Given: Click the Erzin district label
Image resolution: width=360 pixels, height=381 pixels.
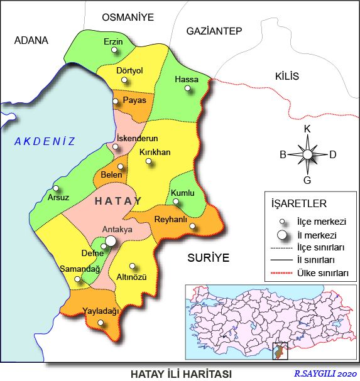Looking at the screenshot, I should (114, 42).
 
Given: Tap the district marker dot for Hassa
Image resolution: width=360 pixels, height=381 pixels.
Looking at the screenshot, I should (187, 89).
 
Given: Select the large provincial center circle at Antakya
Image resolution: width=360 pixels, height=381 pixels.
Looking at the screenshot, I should (111, 240).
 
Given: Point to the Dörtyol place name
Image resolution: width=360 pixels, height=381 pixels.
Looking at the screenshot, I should (130, 70).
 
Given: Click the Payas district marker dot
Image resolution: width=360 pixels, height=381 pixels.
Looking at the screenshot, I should (116, 101).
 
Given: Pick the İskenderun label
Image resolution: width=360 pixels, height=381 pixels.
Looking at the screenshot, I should (137, 138).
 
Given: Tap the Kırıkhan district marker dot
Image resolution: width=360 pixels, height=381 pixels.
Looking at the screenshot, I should (149, 161).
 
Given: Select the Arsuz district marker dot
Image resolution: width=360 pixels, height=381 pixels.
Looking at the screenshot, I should (56, 188).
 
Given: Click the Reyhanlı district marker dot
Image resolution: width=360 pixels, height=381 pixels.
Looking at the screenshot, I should (192, 227).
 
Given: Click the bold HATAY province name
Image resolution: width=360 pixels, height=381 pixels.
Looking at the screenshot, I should (118, 201).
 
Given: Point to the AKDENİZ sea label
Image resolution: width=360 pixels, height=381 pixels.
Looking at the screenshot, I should (45, 142).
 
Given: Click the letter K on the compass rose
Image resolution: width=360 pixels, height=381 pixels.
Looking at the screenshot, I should (307, 129).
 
